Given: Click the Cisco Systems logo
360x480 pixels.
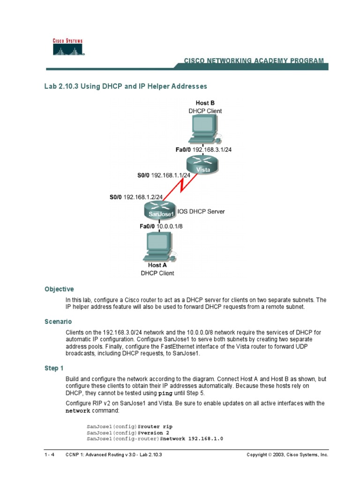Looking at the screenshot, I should (x=67, y=47).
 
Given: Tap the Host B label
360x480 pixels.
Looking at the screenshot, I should (x=205, y=103).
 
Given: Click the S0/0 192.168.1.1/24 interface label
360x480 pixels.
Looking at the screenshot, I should (x=164, y=175).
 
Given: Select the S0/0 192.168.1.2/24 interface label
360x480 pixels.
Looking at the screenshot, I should (x=136, y=197).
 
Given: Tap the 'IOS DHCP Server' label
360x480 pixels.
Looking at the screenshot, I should (x=201, y=211).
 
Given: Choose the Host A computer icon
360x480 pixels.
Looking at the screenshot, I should (x=157, y=247).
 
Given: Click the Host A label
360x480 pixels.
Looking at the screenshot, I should (x=157, y=265).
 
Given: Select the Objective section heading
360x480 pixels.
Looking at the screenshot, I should (x=59, y=289).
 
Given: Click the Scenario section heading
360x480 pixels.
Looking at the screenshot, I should (x=58, y=322).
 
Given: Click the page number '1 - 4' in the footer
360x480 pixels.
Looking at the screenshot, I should (x=48, y=455).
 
